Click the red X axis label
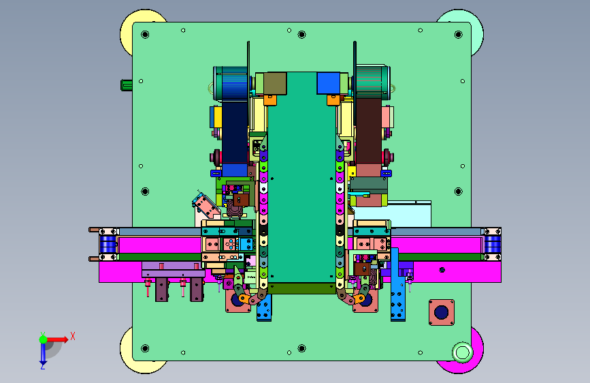(x=73, y=336)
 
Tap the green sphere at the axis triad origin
(x=44, y=339)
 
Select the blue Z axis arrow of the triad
(x=43, y=353)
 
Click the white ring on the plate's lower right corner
(x=462, y=353)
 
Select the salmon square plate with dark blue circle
(x=442, y=312)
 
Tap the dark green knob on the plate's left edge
(x=126, y=85)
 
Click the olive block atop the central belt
(x=275, y=83)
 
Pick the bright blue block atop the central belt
(x=329, y=83)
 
